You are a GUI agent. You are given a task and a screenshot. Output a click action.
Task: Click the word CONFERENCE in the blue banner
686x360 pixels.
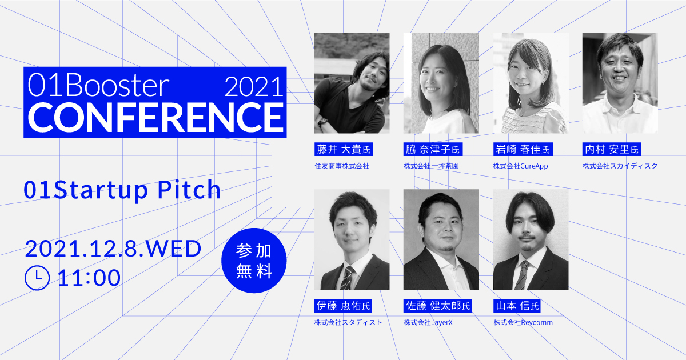pos(154,116)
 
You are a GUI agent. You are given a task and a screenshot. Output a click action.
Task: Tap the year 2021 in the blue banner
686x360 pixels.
pos(253,87)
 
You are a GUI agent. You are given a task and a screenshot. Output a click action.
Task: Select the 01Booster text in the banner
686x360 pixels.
pos(99,86)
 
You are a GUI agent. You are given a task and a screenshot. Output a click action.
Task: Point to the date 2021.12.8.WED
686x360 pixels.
pos(113,249)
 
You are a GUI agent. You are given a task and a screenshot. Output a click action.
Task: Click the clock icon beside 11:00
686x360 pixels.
pos(38,278)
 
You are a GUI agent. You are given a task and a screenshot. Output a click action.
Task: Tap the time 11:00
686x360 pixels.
pos(89,278)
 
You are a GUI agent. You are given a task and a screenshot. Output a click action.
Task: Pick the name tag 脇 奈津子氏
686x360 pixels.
pos(433,150)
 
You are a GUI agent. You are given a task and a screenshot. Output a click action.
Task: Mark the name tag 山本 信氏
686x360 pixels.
pos(517,306)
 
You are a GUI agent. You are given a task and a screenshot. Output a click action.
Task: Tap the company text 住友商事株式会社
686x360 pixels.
pos(342,166)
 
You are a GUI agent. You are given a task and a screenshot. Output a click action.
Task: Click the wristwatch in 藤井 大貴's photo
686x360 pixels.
pos(323,122)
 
